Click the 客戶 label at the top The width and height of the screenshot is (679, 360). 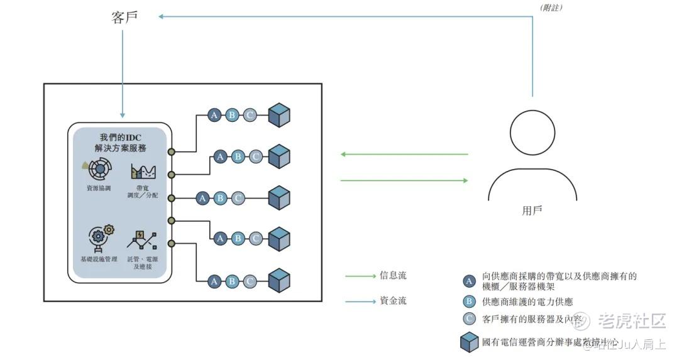coord(124,18)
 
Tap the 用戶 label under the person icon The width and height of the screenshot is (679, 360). coord(532,210)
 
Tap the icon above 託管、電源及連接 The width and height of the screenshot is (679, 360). coord(142,239)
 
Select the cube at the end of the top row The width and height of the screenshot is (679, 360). coord(279,116)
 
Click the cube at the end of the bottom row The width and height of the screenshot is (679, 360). coord(279,281)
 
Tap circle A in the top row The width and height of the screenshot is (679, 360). coord(214,116)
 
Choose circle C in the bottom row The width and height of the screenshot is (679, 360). coord(250,281)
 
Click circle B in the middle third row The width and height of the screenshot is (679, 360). coord(220,199)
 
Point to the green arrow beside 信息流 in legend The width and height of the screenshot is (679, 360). coord(360,276)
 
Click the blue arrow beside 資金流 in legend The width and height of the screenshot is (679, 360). coord(360,301)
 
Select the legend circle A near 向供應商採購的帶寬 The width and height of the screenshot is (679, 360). coord(468,281)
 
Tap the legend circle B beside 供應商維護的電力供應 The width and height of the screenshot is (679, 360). coord(468,302)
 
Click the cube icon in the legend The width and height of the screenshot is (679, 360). coord(469,342)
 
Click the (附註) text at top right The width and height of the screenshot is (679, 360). coord(551,8)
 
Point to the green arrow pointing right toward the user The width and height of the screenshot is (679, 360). coord(404,180)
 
